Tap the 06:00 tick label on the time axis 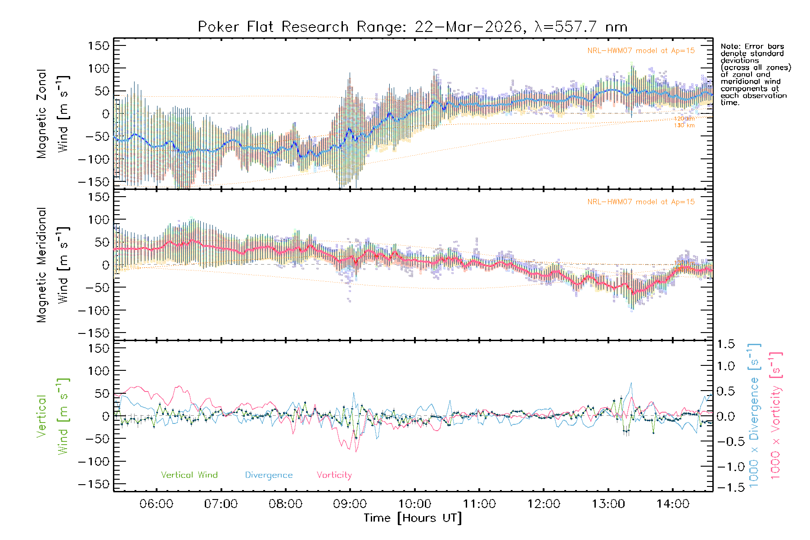click(x=156, y=504)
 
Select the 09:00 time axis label click(x=350, y=504)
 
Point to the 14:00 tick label click(x=672, y=504)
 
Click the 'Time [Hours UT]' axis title click(x=413, y=518)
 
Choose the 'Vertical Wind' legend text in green click(x=189, y=475)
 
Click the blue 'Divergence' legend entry click(x=269, y=475)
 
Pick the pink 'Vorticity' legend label click(x=334, y=475)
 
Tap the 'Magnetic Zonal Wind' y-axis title click(x=52, y=113)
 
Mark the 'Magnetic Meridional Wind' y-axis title click(x=52, y=265)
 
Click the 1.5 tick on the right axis click(x=725, y=344)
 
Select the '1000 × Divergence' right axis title click(x=754, y=415)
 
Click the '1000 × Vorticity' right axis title click(x=775, y=415)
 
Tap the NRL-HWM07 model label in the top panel click(x=641, y=51)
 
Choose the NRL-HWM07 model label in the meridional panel click(x=641, y=202)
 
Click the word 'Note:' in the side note click(x=730, y=46)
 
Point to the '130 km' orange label click(x=684, y=126)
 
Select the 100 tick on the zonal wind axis click(x=99, y=68)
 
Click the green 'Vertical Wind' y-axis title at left click(x=52, y=416)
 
